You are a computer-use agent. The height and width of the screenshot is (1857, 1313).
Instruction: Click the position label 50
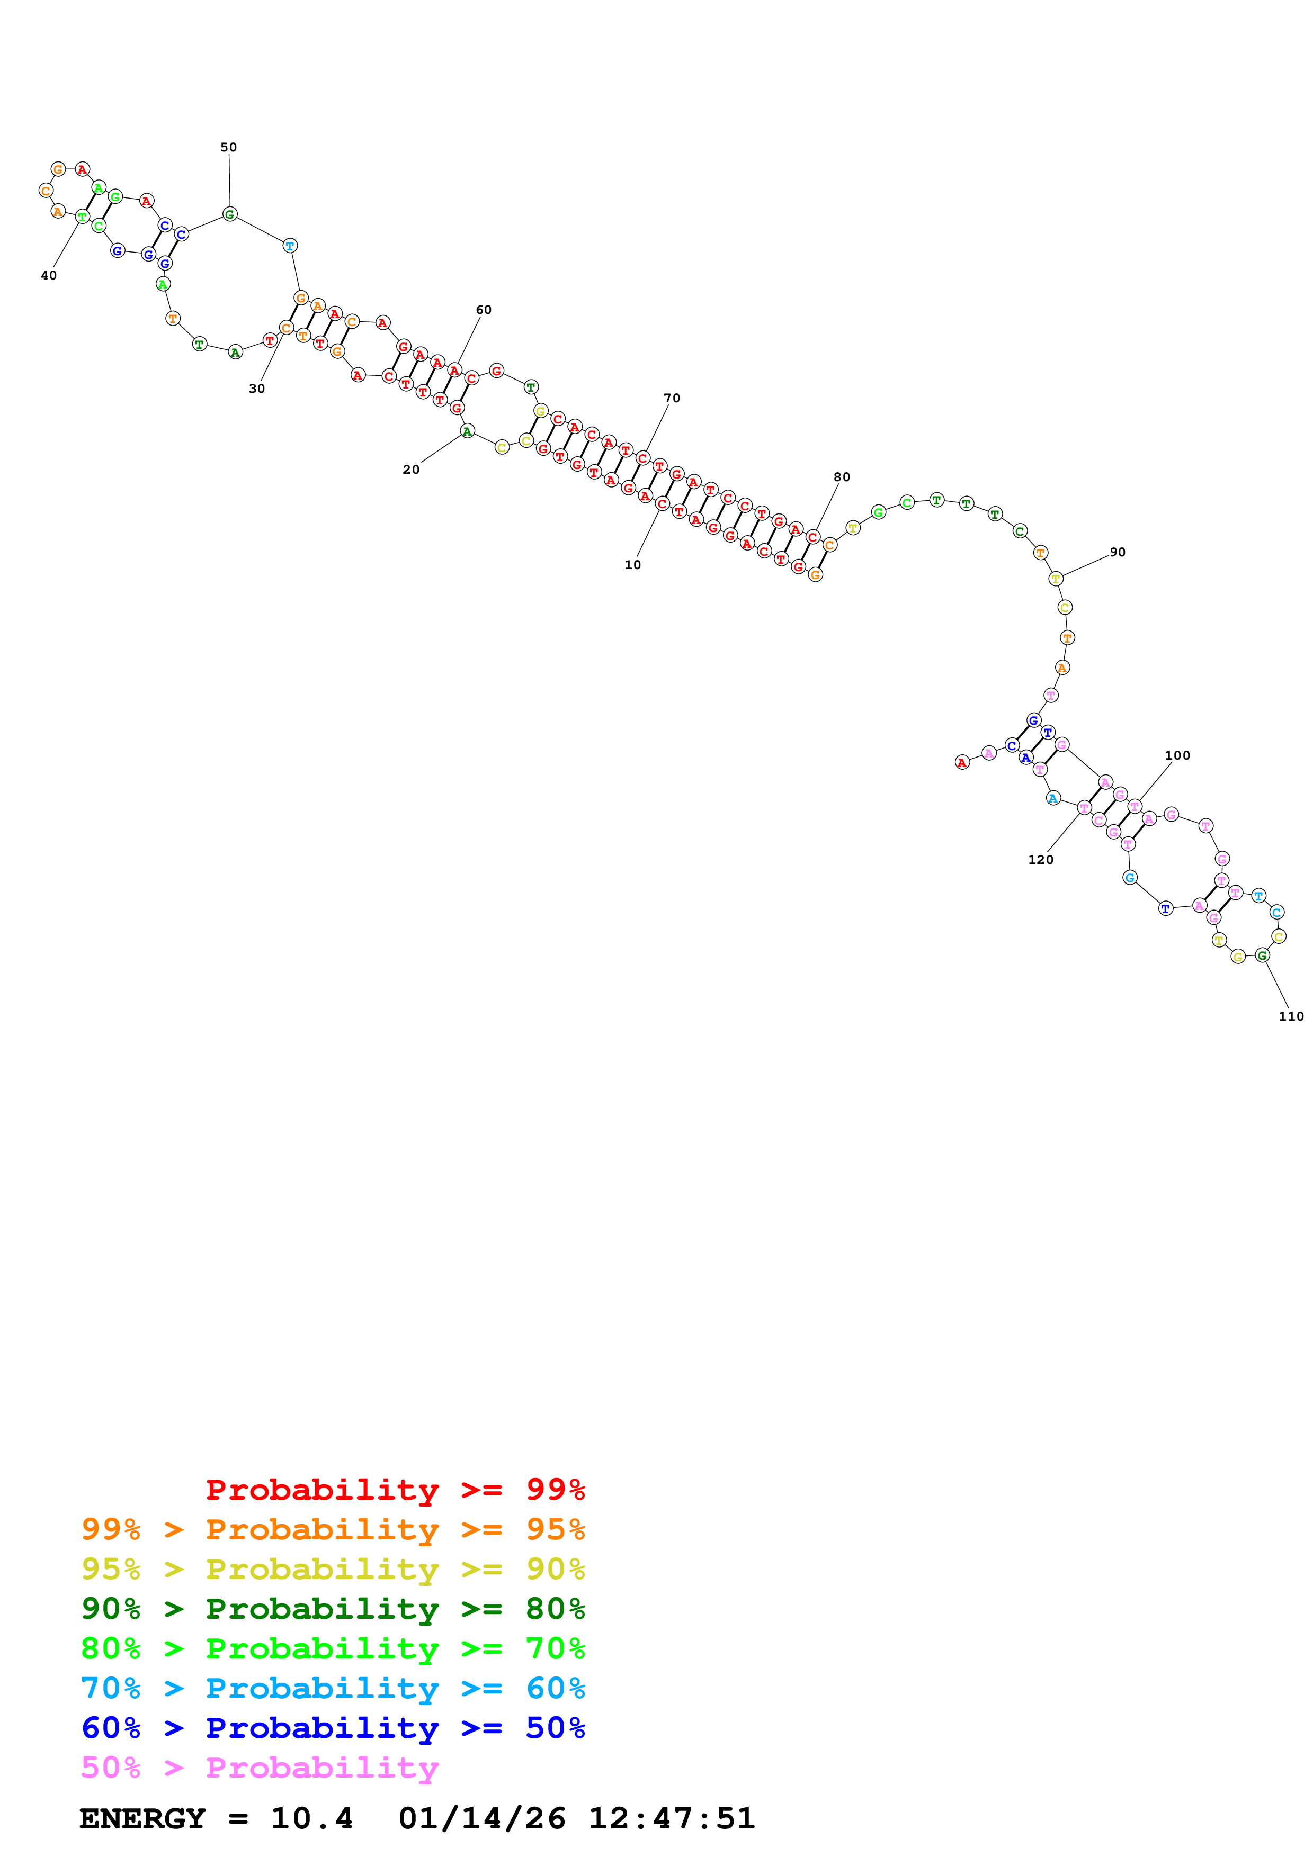229,147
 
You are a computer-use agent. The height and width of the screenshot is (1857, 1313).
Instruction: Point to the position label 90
1117,553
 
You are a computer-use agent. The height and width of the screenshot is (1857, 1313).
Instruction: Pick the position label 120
1040,860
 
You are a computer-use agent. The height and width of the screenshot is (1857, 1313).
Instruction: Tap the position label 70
672,398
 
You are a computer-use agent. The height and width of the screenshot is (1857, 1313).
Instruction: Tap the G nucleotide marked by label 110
1262,955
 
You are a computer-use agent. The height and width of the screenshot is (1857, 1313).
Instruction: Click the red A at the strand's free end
962,763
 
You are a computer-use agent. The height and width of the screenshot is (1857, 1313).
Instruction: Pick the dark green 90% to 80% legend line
333,1609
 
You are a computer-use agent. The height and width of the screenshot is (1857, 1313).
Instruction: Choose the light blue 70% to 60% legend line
333,1689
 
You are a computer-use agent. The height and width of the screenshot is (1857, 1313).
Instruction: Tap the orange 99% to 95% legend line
333,1529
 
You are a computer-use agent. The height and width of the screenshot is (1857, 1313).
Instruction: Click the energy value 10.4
311,1819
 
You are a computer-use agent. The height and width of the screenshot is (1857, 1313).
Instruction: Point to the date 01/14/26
481,1819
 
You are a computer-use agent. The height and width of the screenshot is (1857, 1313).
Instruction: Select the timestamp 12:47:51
672,1819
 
